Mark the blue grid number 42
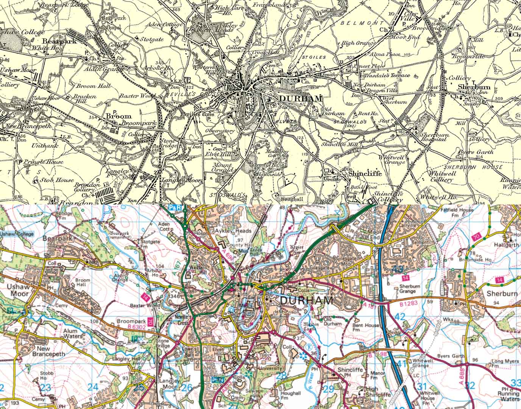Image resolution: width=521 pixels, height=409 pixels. click(399, 317)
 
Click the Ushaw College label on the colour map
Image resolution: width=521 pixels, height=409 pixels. click(17, 234)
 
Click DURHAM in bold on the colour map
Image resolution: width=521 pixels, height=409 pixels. click(307, 301)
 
